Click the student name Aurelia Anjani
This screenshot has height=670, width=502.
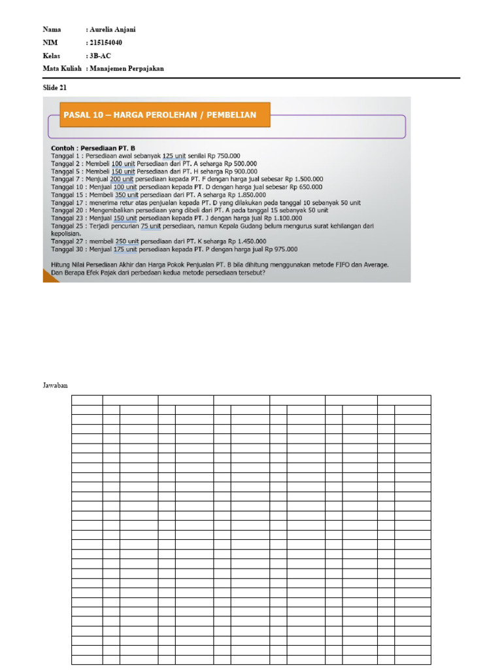[113, 29]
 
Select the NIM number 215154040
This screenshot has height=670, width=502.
[106, 43]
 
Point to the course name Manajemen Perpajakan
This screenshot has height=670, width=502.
[127, 68]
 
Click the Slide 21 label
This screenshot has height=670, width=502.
[54, 87]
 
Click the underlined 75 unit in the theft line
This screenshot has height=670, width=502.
[150, 226]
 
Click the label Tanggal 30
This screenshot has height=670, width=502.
[66, 249]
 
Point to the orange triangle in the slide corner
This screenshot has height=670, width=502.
[49, 276]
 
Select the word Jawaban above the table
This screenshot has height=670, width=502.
[56, 387]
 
